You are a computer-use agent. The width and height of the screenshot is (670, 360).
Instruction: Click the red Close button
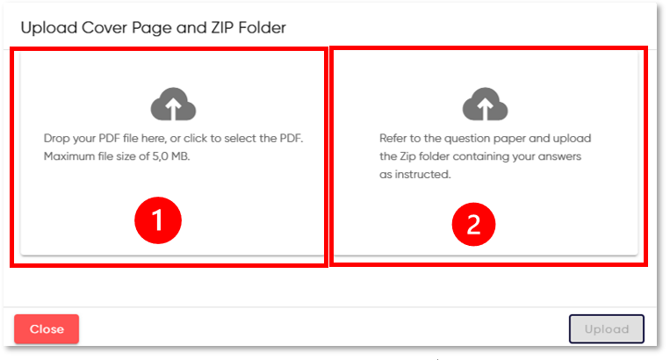(x=47, y=328)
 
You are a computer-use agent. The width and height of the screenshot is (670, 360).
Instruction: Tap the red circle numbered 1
(x=158, y=220)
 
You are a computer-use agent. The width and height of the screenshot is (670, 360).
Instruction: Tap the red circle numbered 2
(x=473, y=224)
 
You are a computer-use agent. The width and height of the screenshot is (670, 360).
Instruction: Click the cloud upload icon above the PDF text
(x=174, y=104)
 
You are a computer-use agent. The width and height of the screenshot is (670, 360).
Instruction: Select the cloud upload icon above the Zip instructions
(x=485, y=104)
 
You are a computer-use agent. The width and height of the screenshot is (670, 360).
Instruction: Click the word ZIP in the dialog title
(x=222, y=28)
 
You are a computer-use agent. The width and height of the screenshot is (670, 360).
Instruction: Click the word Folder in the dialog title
(x=262, y=28)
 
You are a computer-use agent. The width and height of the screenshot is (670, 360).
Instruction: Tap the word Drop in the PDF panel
(x=57, y=139)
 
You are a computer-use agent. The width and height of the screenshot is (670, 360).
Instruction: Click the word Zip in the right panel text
(x=407, y=156)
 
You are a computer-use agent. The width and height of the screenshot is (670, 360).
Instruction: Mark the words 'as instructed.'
(x=414, y=174)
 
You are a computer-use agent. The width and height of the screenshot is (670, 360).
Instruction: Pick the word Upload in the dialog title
(x=49, y=28)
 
